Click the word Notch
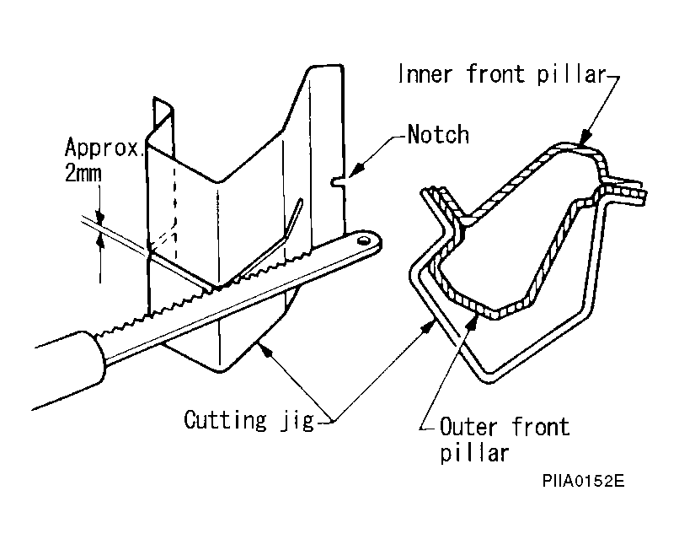(x=438, y=134)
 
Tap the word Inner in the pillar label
(x=425, y=73)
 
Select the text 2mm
(x=83, y=174)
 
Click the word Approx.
(x=104, y=148)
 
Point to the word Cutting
(x=225, y=420)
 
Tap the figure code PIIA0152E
(x=583, y=481)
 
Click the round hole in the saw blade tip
(x=363, y=240)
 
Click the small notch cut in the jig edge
(x=338, y=181)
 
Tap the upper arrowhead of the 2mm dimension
(x=100, y=216)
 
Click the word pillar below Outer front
(x=474, y=454)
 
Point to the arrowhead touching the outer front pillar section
(x=473, y=322)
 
